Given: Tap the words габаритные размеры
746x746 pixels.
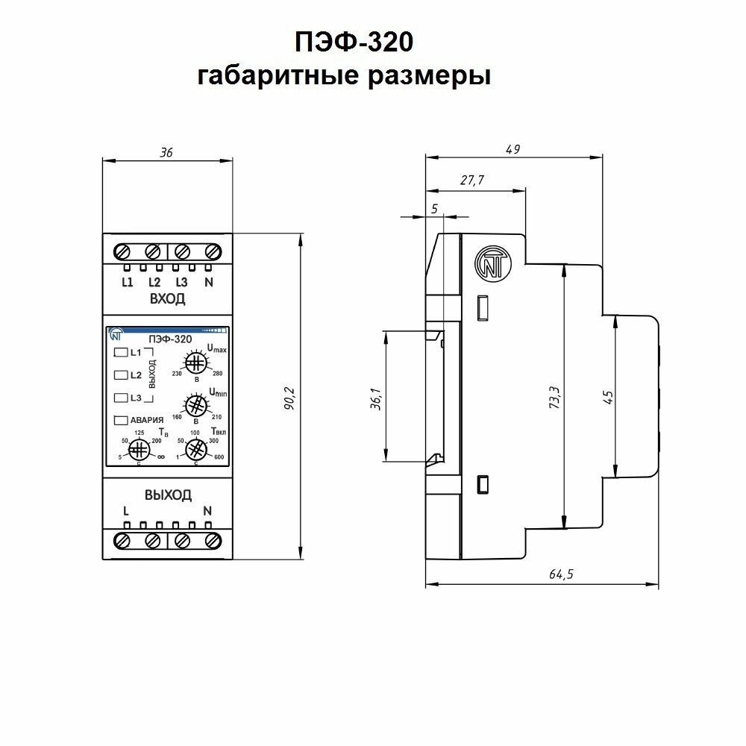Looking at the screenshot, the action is point(344,75).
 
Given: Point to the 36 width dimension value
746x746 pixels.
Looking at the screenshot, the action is point(166,152).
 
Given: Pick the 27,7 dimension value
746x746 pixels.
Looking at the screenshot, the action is point(472,181).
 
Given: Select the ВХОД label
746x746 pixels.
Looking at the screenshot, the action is point(167,300).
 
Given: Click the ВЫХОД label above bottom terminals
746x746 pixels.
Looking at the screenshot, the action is point(167,495).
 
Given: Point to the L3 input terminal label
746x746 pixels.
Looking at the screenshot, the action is point(181,282).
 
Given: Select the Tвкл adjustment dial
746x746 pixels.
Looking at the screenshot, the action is point(195,449).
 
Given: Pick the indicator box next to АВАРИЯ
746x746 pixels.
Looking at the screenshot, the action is point(120,420).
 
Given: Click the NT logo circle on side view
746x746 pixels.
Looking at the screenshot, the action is point(488,263).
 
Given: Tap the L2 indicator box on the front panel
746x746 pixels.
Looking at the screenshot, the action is point(120,374).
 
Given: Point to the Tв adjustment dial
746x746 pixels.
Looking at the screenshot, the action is point(139,449).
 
